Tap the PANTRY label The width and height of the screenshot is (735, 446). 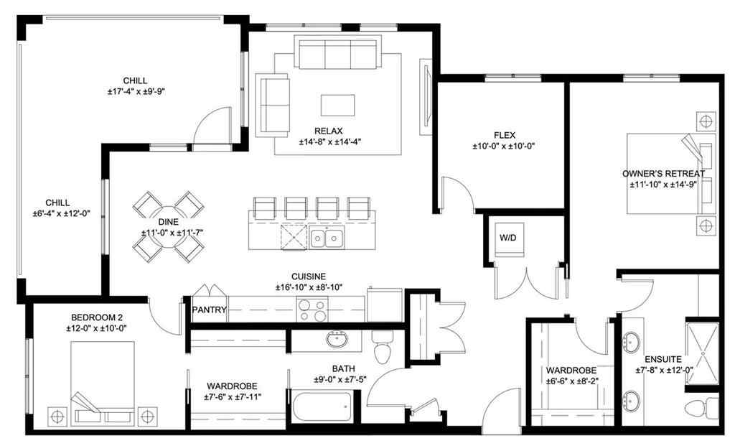point(210,310)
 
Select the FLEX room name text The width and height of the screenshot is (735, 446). point(505,134)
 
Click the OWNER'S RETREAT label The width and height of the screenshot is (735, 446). point(663,173)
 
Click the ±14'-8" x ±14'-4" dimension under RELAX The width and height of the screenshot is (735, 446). point(330,141)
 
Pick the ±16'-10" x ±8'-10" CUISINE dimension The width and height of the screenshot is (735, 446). point(309,287)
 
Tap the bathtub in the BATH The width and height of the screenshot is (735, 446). point(322,409)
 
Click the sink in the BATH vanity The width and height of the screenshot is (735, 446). point(336,338)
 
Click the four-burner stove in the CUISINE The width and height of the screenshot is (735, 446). point(313,310)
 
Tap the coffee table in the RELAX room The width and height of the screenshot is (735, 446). point(337,106)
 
